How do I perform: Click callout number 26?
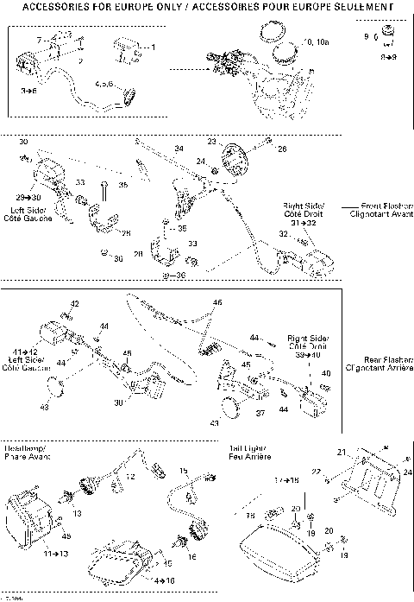point(280,149)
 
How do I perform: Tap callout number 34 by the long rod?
point(179,149)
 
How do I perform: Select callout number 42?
point(74,304)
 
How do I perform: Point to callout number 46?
point(217,302)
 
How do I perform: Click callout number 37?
point(260,412)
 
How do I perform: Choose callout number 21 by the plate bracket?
point(340,453)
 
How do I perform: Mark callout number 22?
point(316,471)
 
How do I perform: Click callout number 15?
point(184,471)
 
